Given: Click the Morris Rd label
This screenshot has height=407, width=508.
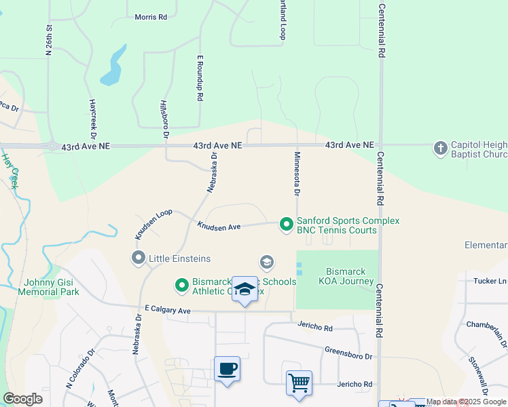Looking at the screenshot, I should pos(151,17).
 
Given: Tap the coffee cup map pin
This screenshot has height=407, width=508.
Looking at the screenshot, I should pos(228,370).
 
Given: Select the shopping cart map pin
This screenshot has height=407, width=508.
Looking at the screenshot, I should pos(299,383).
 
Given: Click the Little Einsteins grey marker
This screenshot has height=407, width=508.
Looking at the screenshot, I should pos(139,258).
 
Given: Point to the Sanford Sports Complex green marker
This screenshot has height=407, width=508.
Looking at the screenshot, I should pos(287,223).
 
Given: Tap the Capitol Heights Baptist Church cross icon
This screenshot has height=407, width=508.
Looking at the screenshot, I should pos(440,147).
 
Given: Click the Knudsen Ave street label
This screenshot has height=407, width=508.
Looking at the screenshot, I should pos(219,225).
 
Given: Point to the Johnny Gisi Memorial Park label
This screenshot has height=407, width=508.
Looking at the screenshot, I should pos(52,287).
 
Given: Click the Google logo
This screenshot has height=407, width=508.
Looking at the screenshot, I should pos(22,399).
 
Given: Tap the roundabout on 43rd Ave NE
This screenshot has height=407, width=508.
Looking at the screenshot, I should pos(52,146).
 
